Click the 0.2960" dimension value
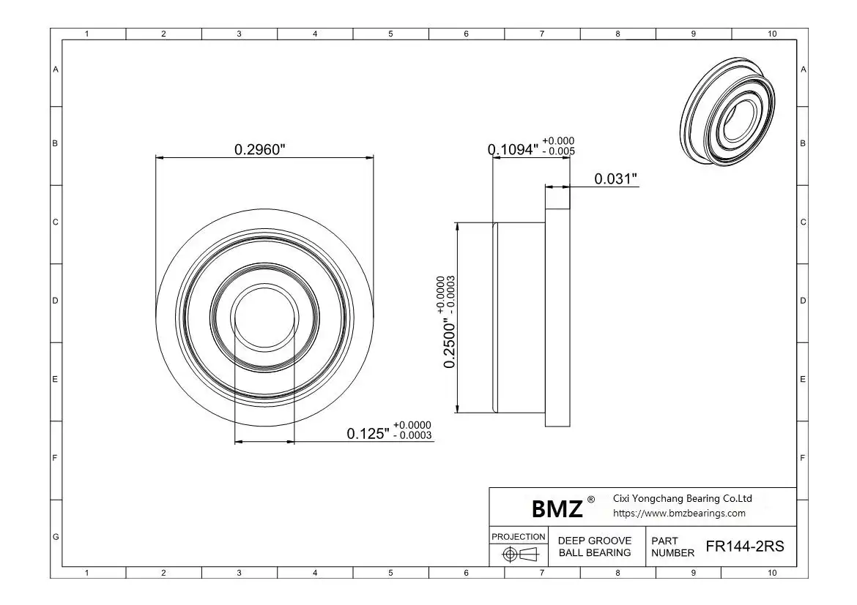pos(259,149)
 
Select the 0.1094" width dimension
pos(513,150)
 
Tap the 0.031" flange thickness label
pos(615,179)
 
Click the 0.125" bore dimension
pos(368,434)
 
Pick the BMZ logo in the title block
pos(557,509)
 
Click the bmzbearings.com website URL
pos(679,514)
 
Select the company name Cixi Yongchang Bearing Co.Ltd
pos(682,498)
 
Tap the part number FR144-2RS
pos(744,546)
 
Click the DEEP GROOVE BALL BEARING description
pos(595,546)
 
